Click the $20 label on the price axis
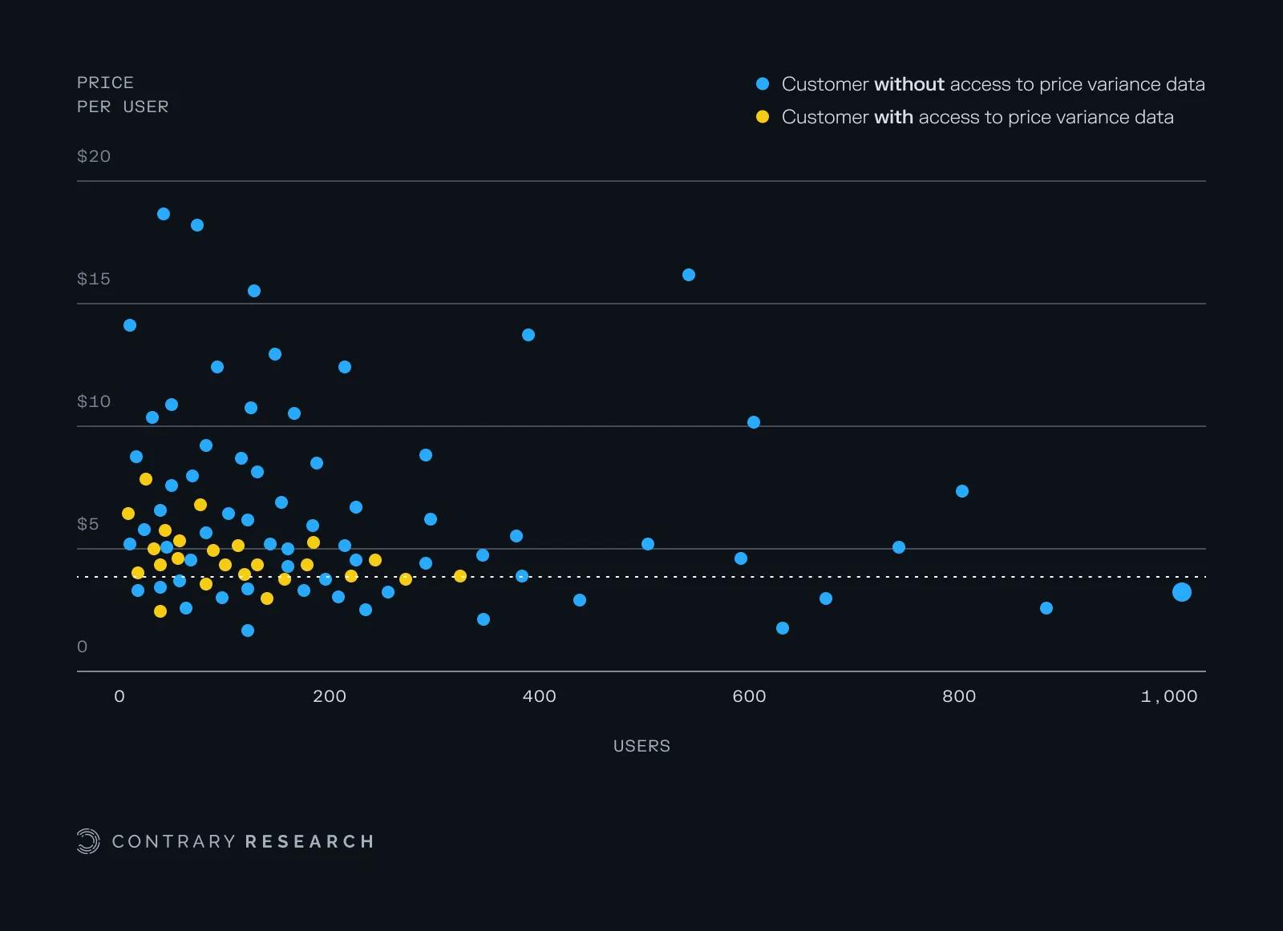(x=94, y=156)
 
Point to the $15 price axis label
(x=94, y=279)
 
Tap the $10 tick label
(x=94, y=401)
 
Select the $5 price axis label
(x=88, y=524)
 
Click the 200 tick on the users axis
(x=330, y=696)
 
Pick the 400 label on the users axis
(x=539, y=696)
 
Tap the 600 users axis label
(x=749, y=696)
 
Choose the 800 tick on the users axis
(x=959, y=696)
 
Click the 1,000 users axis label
(x=1168, y=696)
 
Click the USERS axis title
(x=641, y=746)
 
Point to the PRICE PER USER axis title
(x=123, y=95)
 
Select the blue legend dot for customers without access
(x=763, y=84)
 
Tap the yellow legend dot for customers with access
(x=763, y=117)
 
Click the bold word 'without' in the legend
(x=909, y=84)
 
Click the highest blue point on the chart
(x=164, y=214)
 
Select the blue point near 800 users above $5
(x=962, y=491)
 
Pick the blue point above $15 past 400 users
(x=689, y=275)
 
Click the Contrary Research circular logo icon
(x=88, y=841)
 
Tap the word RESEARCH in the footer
(x=310, y=841)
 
